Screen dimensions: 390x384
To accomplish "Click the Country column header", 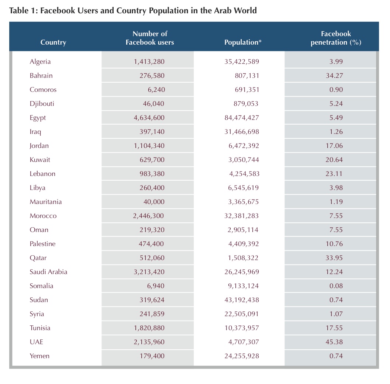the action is pyautogui.click(x=53, y=42).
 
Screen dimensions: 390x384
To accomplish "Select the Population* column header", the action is pyautogui.click(x=243, y=42).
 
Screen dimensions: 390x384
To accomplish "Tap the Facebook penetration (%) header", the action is pyautogui.click(x=336, y=38).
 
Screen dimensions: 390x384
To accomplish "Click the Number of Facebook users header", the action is pyautogui.click(x=150, y=38).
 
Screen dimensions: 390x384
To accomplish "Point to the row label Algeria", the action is pyautogui.click(x=40, y=62).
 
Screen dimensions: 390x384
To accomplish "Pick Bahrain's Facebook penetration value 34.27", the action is pyautogui.click(x=334, y=75).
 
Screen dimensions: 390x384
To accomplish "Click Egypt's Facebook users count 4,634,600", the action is pyautogui.click(x=149, y=118).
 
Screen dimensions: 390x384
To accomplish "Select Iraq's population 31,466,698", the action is pyautogui.click(x=242, y=132).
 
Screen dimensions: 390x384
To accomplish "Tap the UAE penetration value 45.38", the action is pyautogui.click(x=334, y=342).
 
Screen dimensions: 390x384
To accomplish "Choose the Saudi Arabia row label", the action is pyautogui.click(x=48, y=271).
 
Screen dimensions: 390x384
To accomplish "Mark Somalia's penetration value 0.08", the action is pyautogui.click(x=336, y=286).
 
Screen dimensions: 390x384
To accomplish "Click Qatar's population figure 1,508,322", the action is pyautogui.click(x=243, y=257).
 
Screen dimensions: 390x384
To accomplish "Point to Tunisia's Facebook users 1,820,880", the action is pyautogui.click(x=149, y=328).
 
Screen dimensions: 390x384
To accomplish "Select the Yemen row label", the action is pyautogui.click(x=39, y=356).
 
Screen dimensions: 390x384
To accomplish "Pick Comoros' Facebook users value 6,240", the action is pyautogui.click(x=156, y=90).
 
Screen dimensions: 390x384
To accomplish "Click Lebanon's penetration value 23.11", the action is pyautogui.click(x=334, y=174).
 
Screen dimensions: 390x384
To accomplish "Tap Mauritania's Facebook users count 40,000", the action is pyautogui.click(x=154, y=202).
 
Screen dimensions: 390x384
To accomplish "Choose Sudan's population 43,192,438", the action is pyautogui.click(x=242, y=300).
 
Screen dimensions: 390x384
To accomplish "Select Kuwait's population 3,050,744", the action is pyautogui.click(x=244, y=160).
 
